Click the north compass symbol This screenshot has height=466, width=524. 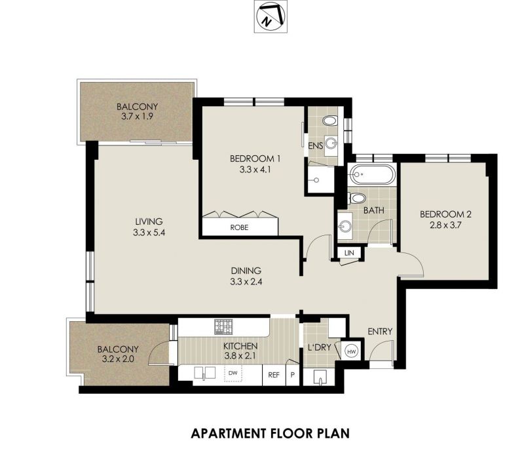click(x=271, y=16)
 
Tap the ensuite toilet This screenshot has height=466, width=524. click(x=331, y=121)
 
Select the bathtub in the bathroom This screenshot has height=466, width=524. click(x=373, y=174)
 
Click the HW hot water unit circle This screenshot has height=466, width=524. click(x=351, y=352)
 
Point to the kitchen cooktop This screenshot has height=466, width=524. click(x=223, y=326)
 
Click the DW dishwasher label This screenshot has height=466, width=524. click(x=233, y=372)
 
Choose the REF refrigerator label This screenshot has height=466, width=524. click(x=274, y=375)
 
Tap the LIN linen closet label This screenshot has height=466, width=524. click(x=349, y=253)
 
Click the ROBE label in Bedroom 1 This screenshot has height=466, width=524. click(x=239, y=227)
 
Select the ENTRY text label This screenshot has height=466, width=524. click(x=380, y=332)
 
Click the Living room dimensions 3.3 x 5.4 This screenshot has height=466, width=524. click(x=149, y=232)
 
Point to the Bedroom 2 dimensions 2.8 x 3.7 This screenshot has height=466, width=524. click(x=445, y=225)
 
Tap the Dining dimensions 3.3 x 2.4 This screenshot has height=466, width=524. click(x=246, y=281)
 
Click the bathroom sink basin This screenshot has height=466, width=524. click(x=345, y=227)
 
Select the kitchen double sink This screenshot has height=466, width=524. click(x=204, y=372)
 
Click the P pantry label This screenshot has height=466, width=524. click(x=292, y=375)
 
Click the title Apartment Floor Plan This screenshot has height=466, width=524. click(x=271, y=433)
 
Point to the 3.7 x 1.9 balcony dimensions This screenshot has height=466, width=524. click(x=137, y=117)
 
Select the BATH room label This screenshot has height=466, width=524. click(x=373, y=210)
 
